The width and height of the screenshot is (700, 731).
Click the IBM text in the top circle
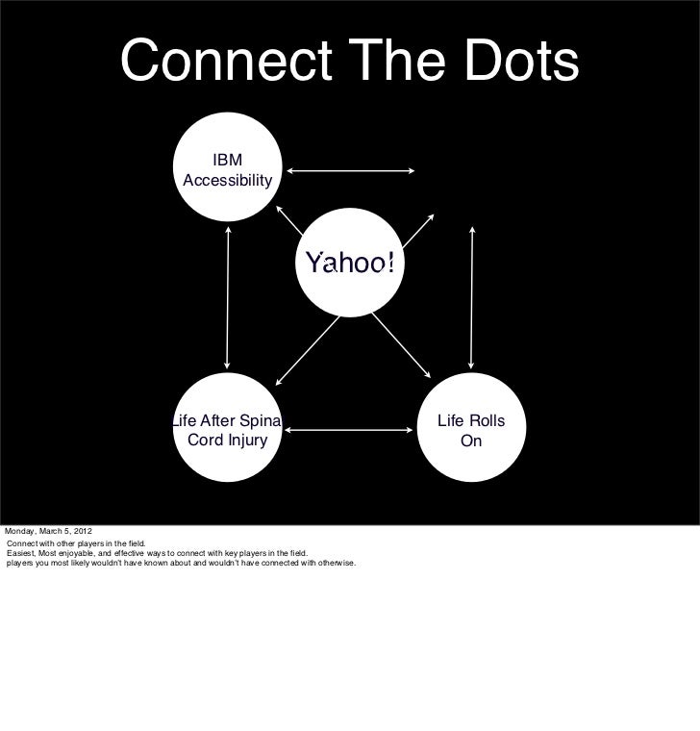228,160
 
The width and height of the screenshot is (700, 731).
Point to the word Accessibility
228,181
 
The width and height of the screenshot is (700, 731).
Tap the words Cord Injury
227,441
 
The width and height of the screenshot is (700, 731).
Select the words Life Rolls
471,421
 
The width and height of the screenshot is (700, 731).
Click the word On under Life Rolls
471,441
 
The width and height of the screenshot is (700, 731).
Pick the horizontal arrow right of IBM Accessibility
350,172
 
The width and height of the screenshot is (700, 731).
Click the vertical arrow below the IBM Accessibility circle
228,297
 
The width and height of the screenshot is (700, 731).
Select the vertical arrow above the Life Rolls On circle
471,297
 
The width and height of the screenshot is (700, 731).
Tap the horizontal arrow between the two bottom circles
350,432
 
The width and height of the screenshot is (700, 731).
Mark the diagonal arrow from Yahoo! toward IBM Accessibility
289,219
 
